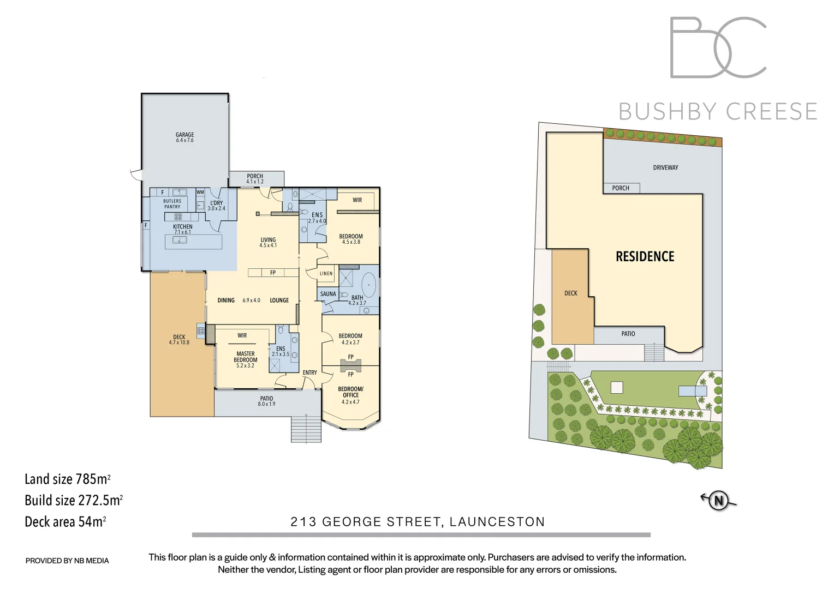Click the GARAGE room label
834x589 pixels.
(184, 135)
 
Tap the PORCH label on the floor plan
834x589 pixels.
(255, 177)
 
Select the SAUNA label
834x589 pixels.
(328, 294)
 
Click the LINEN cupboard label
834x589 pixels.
(326, 273)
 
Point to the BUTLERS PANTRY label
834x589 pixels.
(172, 204)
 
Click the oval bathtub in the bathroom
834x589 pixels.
(370, 286)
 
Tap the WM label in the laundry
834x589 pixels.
(200, 192)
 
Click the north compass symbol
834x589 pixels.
(719, 500)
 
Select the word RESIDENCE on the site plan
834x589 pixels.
(645, 257)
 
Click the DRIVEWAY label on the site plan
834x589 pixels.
(665, 167)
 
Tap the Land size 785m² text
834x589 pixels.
(67, 479)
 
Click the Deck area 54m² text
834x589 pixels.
(65, 522)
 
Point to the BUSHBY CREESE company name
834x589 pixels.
(717, 112)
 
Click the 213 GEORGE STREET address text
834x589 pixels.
(418, 522)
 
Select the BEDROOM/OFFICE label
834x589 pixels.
(350, 392)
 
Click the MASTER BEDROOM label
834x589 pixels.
(245, 357)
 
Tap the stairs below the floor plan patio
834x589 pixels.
(306, 428)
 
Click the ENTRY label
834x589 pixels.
(309, 372)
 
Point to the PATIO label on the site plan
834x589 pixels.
(628, 334)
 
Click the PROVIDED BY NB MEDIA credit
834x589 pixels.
(67, 561)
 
